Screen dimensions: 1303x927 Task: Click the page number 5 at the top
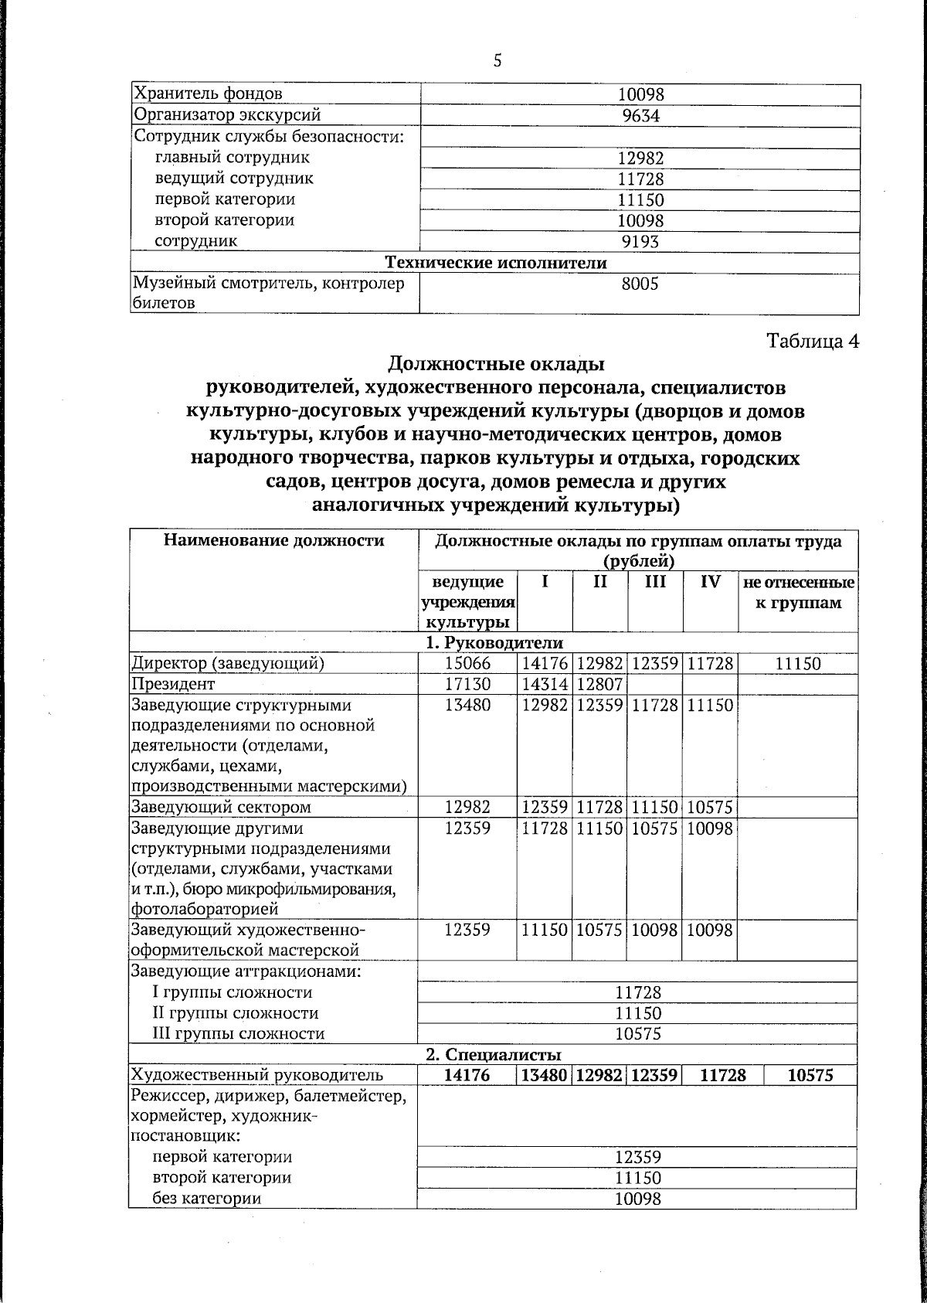tap(497, 60)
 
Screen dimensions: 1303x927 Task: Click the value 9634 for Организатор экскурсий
tap(641, 115)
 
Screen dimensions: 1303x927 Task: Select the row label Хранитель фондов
tap(209, 94)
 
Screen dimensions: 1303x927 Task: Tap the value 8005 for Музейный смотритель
tap(640, 284)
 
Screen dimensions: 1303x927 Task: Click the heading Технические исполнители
tap(496, 263)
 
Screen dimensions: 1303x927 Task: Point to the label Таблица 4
tap(812, 341)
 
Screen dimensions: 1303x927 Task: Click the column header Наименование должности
tap(273, 541)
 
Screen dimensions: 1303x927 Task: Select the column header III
tap(655, 582)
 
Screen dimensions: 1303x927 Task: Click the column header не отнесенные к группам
tap(798, 592)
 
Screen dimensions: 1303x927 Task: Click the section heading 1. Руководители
tap(494, 642)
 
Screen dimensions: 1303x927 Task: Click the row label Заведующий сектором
tap(221, 808)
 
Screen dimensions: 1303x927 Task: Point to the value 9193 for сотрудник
tap(640, 241)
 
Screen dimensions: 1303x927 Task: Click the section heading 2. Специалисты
tap(494, 1055)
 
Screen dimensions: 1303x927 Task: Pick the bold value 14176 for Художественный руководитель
tap(467, 1075)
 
